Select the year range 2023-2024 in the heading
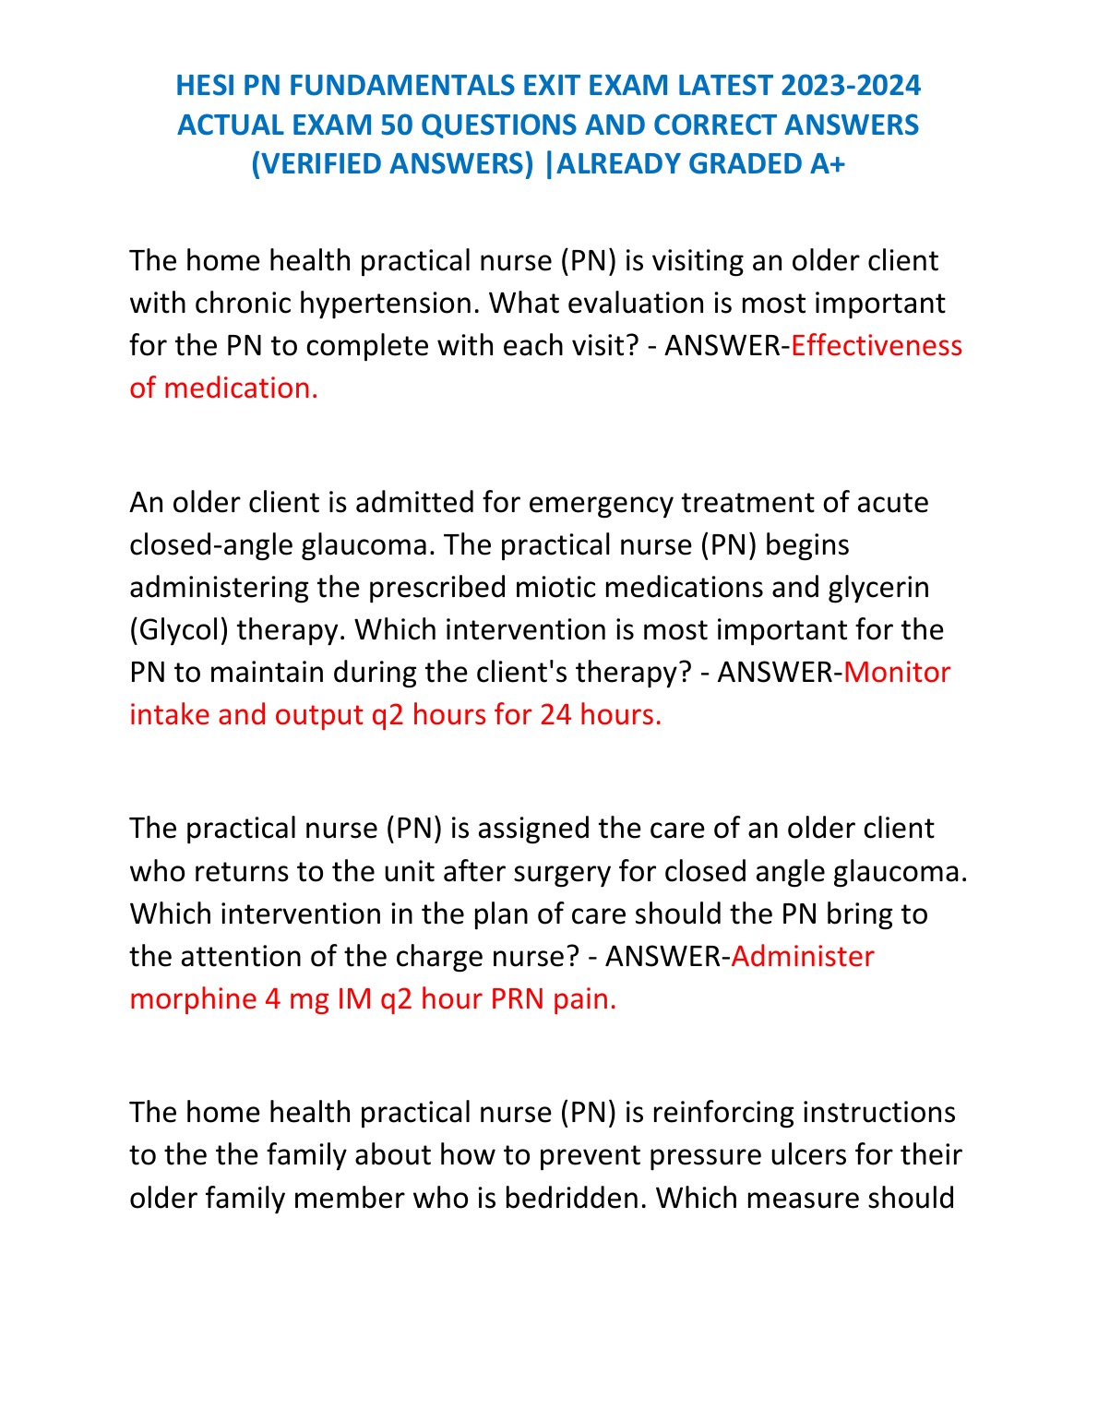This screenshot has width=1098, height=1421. click(851, 86)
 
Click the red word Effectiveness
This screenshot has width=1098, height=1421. click(877, 345)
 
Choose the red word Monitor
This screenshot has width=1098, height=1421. click(897, 672)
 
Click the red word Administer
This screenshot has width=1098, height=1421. click(802, 956)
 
